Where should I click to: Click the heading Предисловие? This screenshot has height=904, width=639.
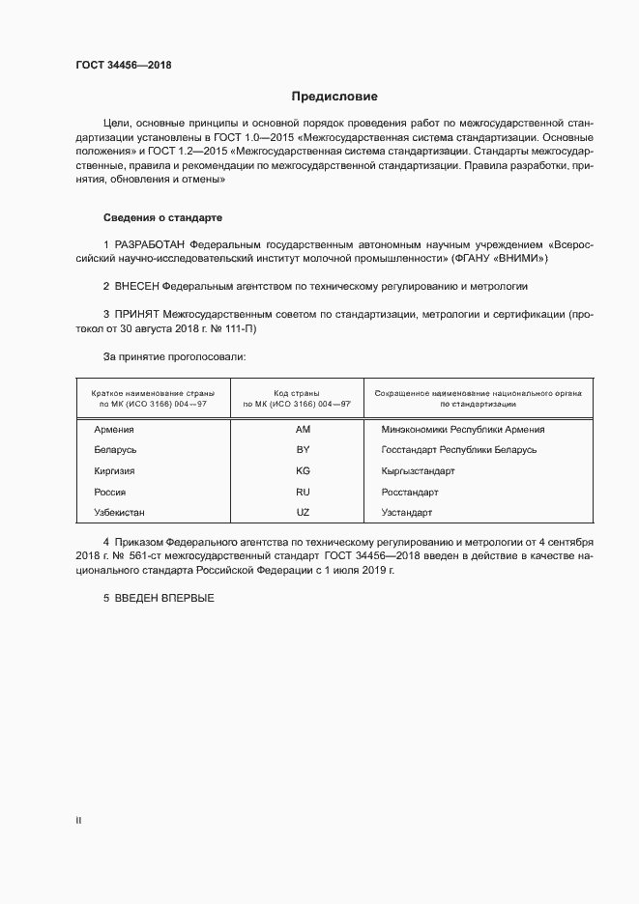334,97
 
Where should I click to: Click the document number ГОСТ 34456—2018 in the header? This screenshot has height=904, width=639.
126,67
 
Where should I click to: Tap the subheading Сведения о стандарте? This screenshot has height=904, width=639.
163,218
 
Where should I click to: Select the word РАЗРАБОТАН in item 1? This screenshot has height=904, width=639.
150,244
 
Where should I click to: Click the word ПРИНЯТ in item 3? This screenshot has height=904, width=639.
138,315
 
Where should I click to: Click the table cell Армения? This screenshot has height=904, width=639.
114,430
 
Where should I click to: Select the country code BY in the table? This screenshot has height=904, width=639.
303,450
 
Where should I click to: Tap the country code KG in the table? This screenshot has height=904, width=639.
303,470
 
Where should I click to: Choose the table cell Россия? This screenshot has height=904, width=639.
110,491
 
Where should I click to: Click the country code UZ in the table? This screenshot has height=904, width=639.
303,511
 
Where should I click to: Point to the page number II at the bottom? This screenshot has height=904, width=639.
78,820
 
